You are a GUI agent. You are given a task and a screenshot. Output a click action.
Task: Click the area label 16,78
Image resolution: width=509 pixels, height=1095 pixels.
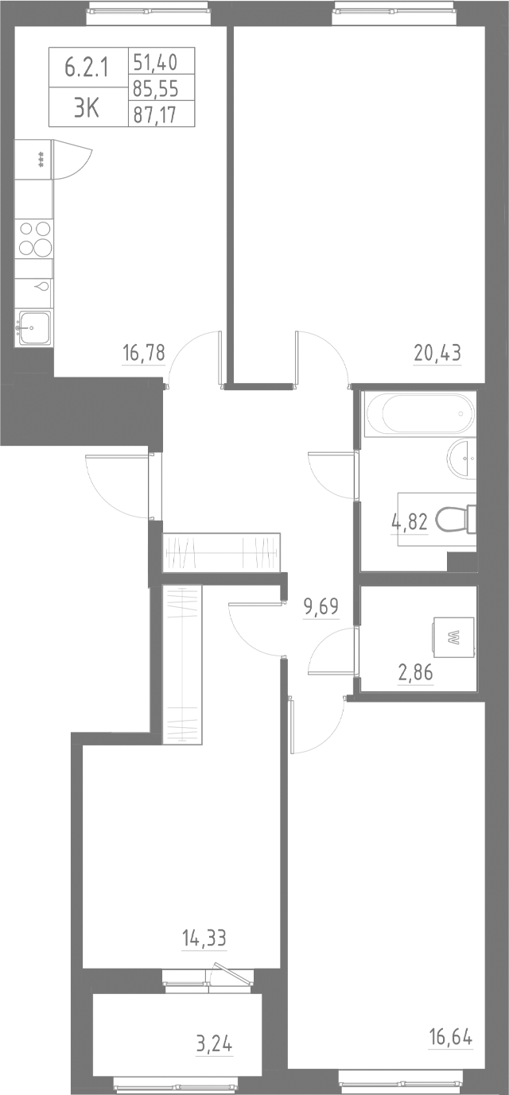(x=144, y=352)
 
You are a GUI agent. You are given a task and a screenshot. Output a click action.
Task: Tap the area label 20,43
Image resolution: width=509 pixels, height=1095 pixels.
(x=437, y=352)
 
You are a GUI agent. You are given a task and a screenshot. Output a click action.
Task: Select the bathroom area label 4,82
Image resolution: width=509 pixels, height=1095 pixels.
(x=410, y=522)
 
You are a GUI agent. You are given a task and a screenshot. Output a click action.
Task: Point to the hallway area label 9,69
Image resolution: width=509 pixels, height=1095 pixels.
(x=321, y=608)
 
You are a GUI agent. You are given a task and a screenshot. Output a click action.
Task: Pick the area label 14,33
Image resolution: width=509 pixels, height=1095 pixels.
(x=204, y=938)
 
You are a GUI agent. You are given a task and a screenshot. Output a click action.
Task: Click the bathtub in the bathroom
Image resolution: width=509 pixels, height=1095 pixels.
(x=419, y=414)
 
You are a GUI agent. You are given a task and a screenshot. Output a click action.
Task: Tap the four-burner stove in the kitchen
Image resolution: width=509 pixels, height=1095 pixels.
(x=34, y=238)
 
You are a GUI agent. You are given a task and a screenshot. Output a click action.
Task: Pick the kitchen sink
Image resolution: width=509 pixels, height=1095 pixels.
(x=34, y=326)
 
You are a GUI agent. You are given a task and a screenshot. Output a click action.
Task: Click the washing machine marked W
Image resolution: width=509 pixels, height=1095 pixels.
(x=453, y=636)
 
